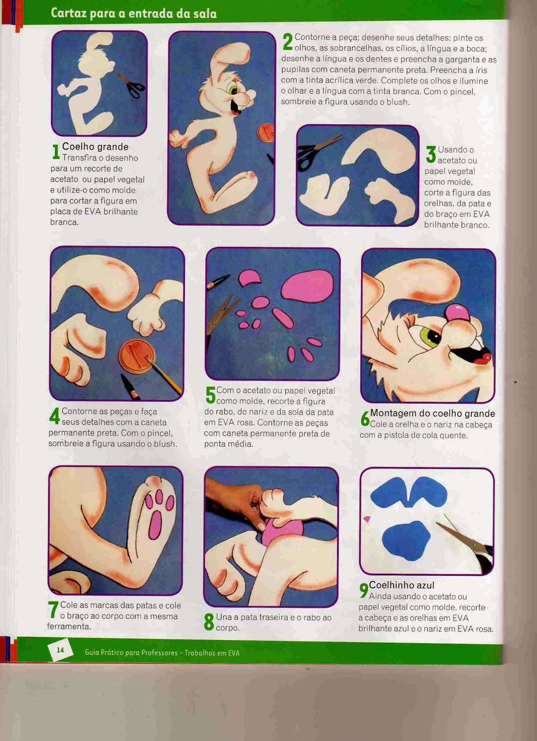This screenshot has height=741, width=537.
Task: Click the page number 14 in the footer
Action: point(61,650)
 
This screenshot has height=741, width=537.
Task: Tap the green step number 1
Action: point(56,151)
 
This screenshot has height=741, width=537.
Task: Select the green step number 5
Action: point(210,395)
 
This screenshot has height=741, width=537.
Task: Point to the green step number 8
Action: point(209,622)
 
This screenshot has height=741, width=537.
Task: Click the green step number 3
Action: point(431,155)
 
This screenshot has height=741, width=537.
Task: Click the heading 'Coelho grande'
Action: point(95,146)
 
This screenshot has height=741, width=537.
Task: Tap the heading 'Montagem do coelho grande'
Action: point(432,414)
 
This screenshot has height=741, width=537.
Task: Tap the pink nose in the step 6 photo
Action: point(458,313)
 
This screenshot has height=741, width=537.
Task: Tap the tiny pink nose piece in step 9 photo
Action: point(366,519)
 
